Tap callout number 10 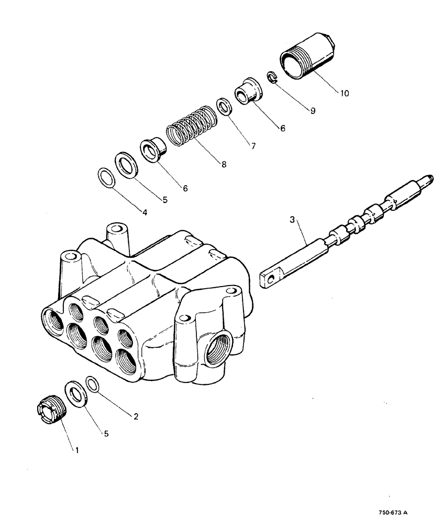click(x=344, y=94)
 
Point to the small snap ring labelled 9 click(x=271, y=77)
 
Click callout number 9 click(x=313, y=111)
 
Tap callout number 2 click(x=136, y=417)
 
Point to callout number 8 click(x=224, y=164)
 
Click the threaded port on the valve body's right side click(x=217, y=349)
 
